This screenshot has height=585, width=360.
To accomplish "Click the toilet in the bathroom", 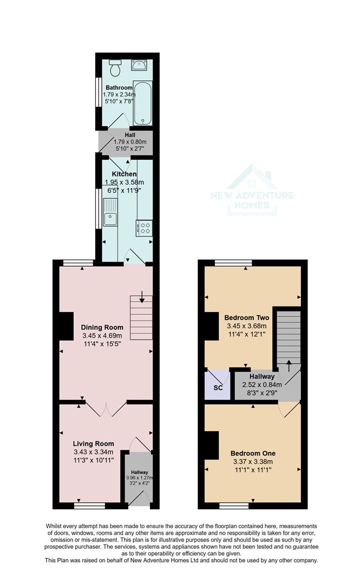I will coord(114,68).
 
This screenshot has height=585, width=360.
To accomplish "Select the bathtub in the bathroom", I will coord(143,103).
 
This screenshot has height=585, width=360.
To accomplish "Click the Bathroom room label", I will coord(119,88).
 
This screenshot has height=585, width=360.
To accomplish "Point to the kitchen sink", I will coord(110,212).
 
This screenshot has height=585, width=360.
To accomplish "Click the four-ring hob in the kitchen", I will coord(145,228).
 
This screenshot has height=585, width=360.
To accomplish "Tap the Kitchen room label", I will coord(125,174).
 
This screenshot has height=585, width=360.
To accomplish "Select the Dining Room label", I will coord(102,327).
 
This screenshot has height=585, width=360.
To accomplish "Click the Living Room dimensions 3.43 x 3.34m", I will coord(93,452).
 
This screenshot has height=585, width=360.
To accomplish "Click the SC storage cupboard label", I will coord(217,388).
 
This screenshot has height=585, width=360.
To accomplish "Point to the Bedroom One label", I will coord(253,453).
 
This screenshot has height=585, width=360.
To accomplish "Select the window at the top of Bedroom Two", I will coord(233,263).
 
